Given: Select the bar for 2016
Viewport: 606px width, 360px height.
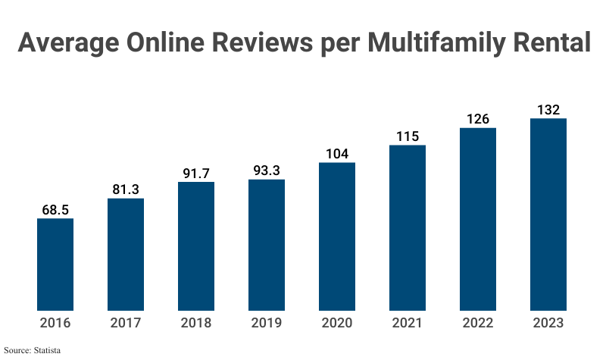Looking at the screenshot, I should [x=55, y=265].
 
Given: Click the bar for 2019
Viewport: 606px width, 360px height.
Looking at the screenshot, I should [x=267, y=245].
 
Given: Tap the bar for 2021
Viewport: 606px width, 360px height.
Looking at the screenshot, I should [x=408, y=227].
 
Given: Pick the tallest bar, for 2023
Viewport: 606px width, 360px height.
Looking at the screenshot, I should [x=548, y=214].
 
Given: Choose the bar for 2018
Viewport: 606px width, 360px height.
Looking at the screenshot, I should [x=196, y=246].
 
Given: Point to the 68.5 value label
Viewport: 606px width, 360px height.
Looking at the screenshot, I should [x=55, y=208].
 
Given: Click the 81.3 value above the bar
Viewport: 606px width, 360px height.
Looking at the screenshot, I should [x=126, y=188].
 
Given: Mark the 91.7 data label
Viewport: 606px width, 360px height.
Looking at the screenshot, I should [x=196, y=172].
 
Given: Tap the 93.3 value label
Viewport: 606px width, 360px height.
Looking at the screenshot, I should [x=267, y=169].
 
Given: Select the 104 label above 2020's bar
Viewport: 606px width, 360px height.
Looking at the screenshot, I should [x=337, y=153].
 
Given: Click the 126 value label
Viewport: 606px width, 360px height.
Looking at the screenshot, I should [x=478, y=118].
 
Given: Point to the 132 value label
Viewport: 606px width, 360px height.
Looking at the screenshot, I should [x=548, y=109].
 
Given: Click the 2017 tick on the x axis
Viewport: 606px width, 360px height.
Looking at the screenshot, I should [x=126, y=323].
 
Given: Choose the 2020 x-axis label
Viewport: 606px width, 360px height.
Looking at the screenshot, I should [x=337, y=323].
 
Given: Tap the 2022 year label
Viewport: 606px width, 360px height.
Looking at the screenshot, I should [x=478, y=323].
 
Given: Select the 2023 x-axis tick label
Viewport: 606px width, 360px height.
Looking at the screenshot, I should [x=548, y=323].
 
